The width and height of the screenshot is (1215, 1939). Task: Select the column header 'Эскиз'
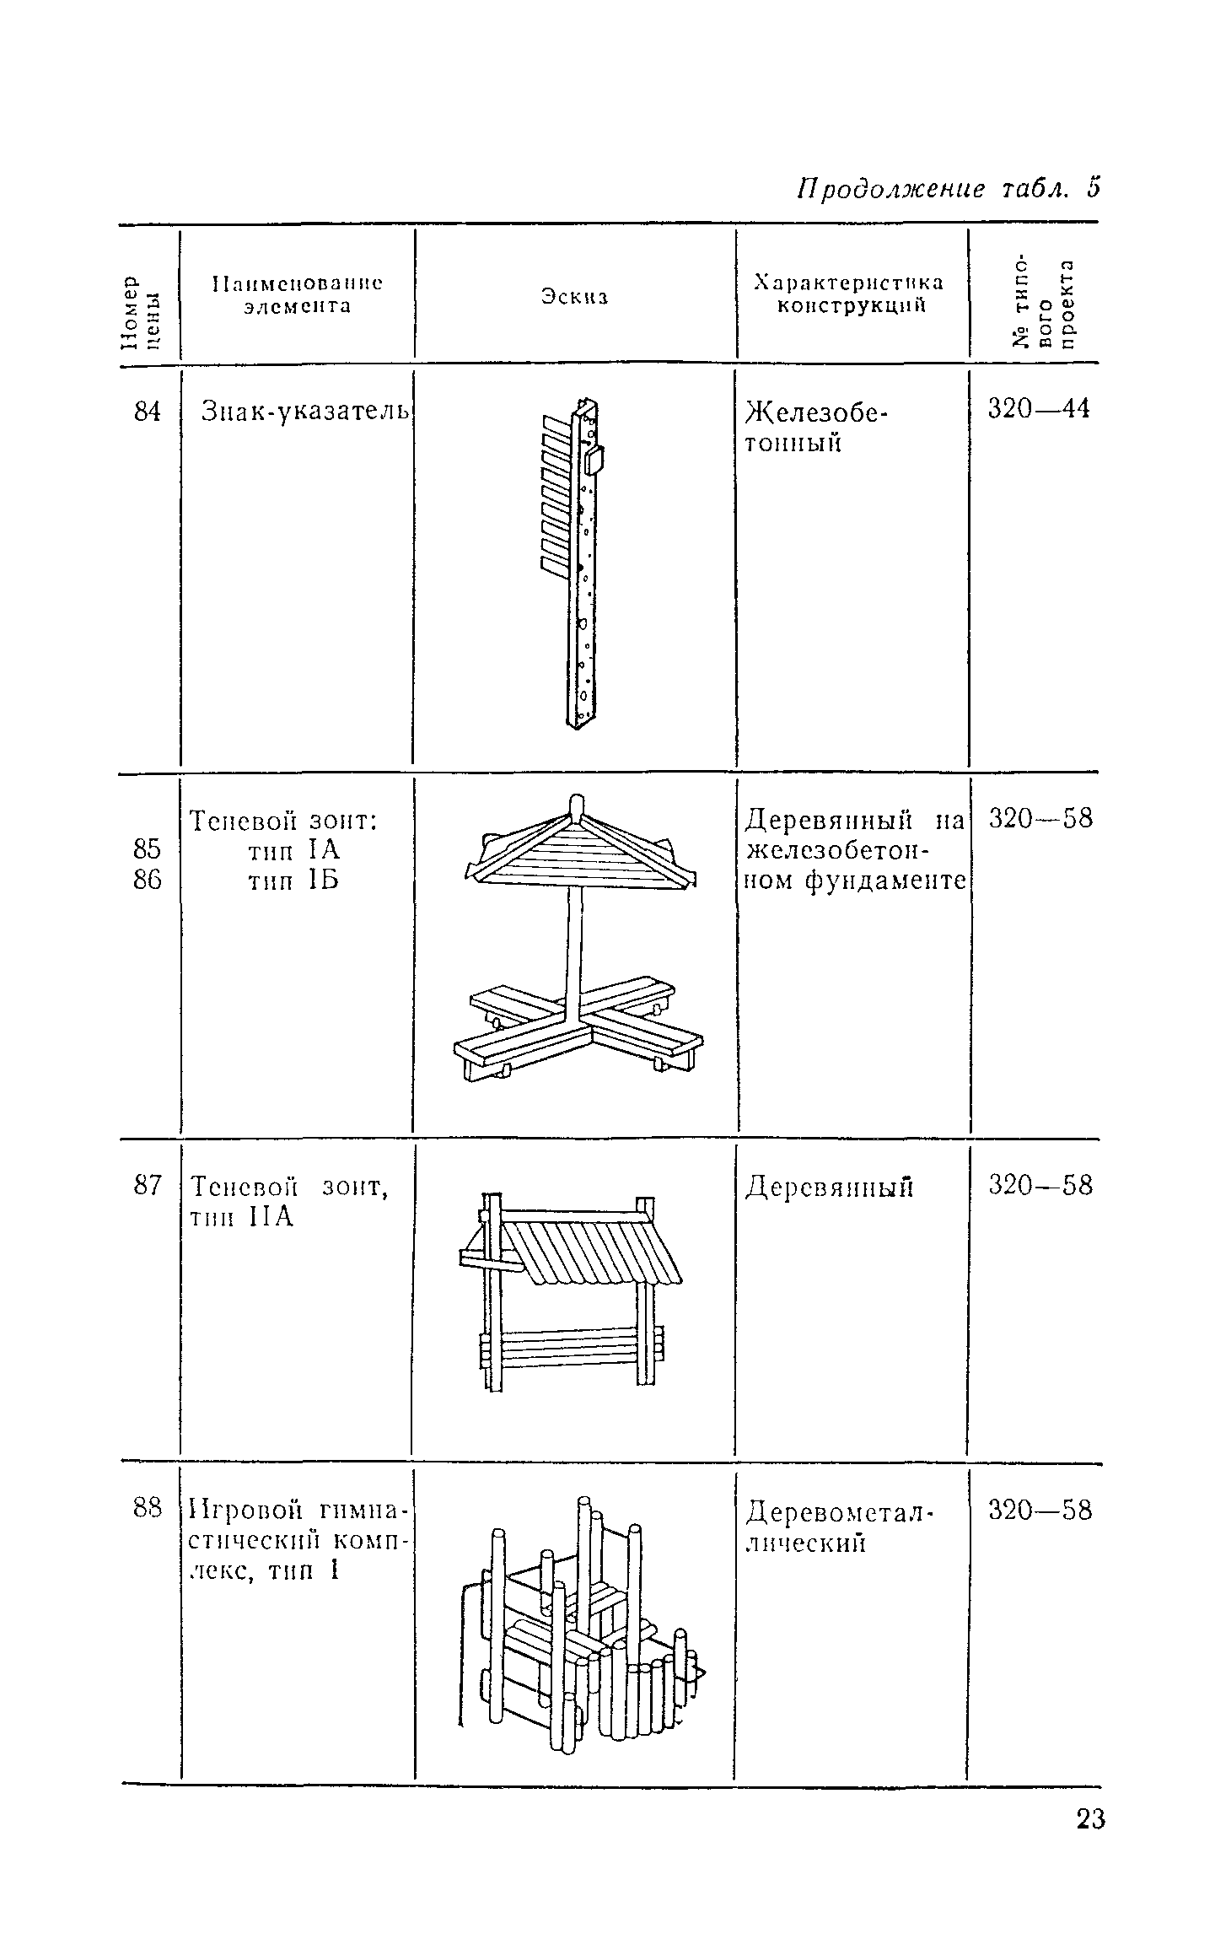575,297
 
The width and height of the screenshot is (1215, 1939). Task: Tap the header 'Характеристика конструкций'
850,294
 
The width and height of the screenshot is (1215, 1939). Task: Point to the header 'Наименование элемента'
297,294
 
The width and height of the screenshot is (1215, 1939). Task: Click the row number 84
148,412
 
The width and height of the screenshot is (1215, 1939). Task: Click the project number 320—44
1039,409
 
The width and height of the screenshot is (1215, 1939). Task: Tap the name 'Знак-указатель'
305,412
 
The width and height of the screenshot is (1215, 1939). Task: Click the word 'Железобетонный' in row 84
816,428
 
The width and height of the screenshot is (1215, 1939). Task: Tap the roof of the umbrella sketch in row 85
580,849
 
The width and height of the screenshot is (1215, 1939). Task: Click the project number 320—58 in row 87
1040,1186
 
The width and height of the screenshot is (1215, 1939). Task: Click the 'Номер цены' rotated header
139,312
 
